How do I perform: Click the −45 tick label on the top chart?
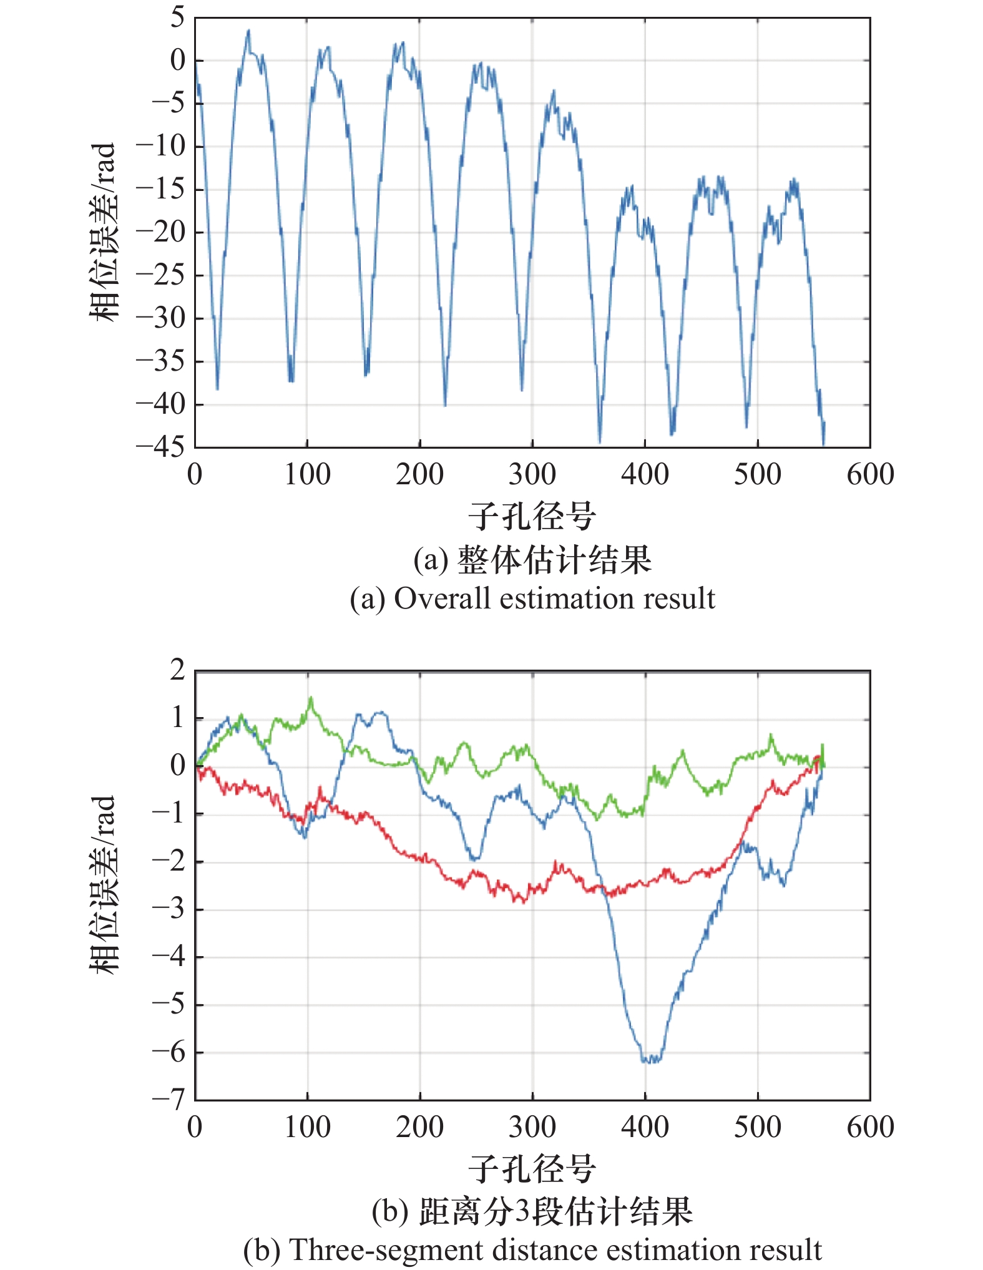coord(161,447)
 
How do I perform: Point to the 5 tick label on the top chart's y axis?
coord(178,17)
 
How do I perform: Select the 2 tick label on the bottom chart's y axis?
coord(178,670)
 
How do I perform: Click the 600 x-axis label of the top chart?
coord(870,475)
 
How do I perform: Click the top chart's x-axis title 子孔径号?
coord(532,517)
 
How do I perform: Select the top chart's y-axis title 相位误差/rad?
coord(103,232)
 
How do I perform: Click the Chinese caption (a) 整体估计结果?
coord(554,560)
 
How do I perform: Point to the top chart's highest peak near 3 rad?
coord(248,31)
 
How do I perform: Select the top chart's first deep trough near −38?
coord(217,388)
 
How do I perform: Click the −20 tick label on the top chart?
coord(161,232)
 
